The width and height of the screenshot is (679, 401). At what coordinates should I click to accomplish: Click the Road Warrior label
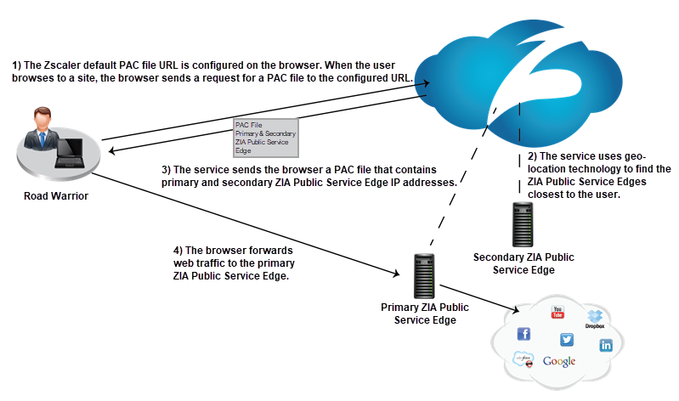pyautogui.click(x=57, y=196)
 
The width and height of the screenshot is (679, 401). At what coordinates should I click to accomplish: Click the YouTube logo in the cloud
pyautogui.click(x=558, y=312)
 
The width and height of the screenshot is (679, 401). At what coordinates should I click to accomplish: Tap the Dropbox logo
pyautogui.click(x=595, y=318)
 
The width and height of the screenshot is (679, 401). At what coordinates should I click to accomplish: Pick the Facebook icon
pyautogui.click(x=523, y=333)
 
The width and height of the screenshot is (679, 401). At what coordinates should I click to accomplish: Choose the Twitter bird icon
pyautogui.click(x=567, y=339)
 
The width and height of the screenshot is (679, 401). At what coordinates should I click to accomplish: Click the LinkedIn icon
pyautogui.click(x=606, y=345)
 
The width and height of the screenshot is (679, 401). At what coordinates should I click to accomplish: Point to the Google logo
pyautogui.click(x=559, y=361)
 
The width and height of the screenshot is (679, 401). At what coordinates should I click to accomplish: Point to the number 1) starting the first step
pyautogui.click(x=17, y=65)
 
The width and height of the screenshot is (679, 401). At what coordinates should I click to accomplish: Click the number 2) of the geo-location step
pyautogui.click(x=533, y=156)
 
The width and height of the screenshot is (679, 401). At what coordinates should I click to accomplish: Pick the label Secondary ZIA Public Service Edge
pyautogui.click(x=525, y=263)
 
